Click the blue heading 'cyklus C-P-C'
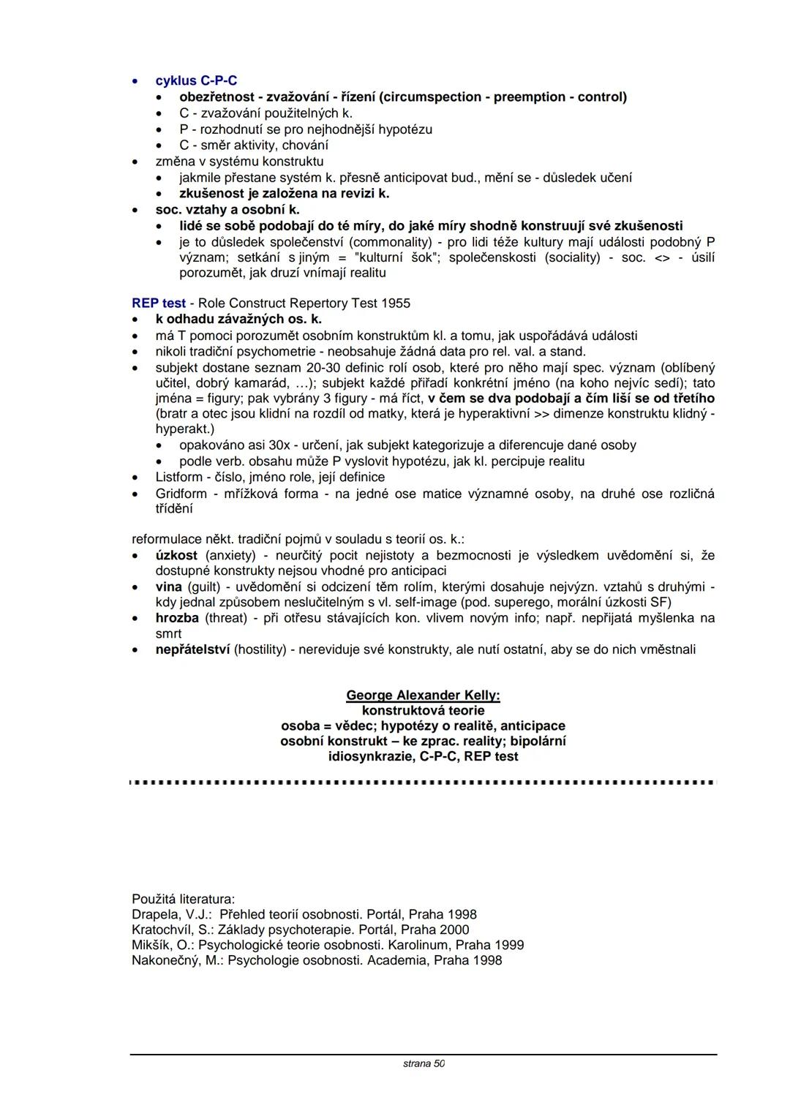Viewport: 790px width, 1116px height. pos(196,81)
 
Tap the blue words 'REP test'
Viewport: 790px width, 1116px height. pos(159,303)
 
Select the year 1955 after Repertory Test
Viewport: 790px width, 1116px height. pos(396,303)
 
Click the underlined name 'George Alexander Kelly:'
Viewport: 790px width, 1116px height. pos(423,695)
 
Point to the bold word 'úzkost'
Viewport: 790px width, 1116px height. pos(176,556)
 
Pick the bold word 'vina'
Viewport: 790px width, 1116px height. pos(169,587)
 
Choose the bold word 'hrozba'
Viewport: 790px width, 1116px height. pos(177,619)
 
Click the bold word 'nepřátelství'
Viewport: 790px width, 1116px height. pos(192,649)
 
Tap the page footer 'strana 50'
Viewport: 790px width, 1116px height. pos(424,1063)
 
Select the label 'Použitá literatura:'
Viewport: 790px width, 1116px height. pos(184,899)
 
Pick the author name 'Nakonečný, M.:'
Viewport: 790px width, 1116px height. pos(178,960)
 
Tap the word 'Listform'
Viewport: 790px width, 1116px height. pos(178,478)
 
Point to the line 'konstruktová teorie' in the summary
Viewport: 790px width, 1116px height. pos(423,711)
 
